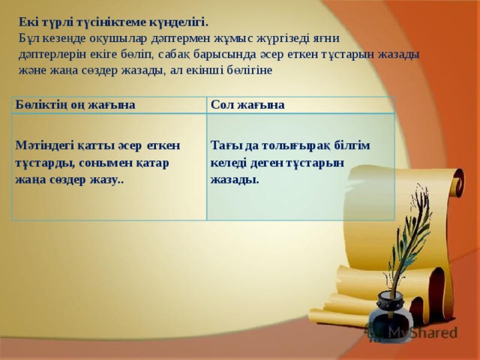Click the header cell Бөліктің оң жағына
tap(75, 105)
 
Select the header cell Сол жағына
tap(247, 105)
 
